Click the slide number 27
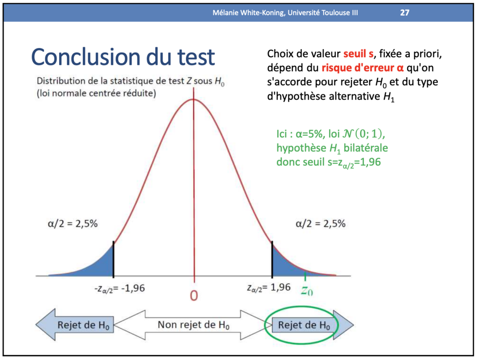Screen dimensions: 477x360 (x=404, y=12)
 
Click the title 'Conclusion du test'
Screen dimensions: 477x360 (x=123, y=57)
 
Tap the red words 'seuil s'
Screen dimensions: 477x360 (x=358, y=54)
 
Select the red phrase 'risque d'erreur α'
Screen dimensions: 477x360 (x=363, y=68)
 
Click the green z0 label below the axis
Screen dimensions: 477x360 (x=307, y=291)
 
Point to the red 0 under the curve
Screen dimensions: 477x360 (x=194, y=296)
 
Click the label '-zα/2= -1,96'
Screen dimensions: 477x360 (x=120, y=288)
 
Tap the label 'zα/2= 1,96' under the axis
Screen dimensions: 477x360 (x=269, y=288)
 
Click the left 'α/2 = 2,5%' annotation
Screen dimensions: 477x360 (x=73, y=224)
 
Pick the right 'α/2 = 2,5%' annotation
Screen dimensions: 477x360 (x=321, y=224)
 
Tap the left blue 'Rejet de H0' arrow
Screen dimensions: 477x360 (x=75, y=325)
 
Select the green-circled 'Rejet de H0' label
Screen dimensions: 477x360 (x=304, y=325)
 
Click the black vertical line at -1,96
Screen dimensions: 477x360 (x=114, y=259)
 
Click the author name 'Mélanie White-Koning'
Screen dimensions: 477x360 (x=249, y=13)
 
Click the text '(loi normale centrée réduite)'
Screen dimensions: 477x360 (x=96, y=93)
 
